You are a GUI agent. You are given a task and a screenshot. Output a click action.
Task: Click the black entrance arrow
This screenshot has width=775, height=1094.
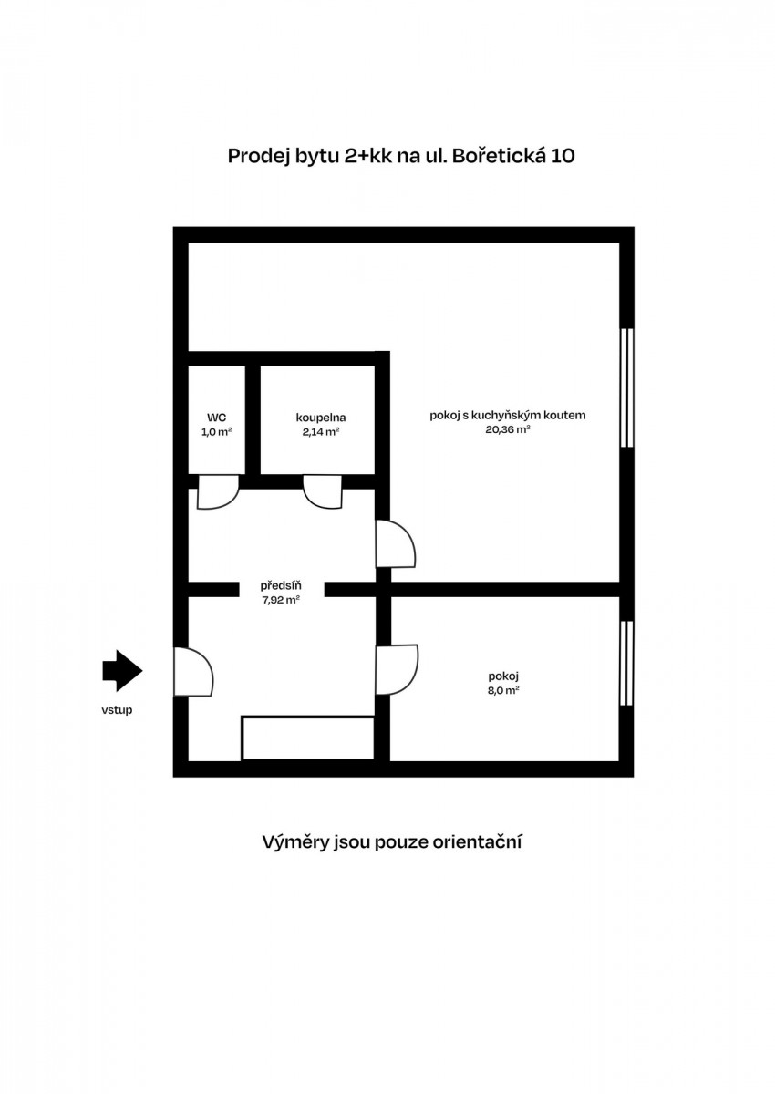point(122,671)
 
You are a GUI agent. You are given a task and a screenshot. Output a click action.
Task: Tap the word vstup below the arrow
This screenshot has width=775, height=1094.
point(117,710)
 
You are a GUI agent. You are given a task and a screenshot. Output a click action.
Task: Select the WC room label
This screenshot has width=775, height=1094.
point(216,418)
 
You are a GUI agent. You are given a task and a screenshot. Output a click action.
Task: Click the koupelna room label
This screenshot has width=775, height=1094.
point(321,418)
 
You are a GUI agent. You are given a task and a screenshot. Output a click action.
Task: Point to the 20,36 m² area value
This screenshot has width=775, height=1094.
point(508,430)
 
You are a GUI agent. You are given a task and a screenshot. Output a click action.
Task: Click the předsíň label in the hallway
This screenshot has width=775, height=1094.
point(281,585)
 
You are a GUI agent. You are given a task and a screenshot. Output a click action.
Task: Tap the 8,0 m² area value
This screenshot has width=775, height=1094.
point(503,691)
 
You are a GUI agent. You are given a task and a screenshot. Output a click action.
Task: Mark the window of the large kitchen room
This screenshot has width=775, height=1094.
point(626,387)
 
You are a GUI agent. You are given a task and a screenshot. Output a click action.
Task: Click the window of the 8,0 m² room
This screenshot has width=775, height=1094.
point(626,664)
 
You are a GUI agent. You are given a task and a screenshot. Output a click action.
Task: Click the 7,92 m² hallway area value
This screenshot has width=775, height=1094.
point(281,600)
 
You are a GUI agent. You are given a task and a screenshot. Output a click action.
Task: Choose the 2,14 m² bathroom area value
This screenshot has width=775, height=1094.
point(321,432)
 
